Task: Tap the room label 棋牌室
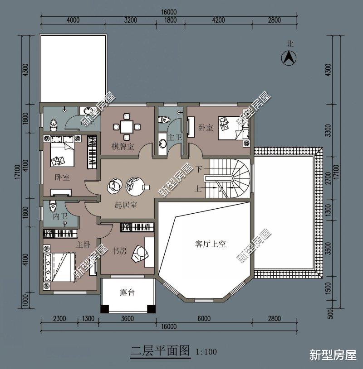tap(123, 146)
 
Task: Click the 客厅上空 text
tap(211, 244)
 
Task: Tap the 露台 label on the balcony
tap(127, 292)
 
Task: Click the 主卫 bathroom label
tap(174, 137)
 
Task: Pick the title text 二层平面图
tap(160, 350)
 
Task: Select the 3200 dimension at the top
tap(130, 20)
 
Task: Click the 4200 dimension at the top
tap(218, 20)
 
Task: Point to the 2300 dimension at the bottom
tap(59, 318)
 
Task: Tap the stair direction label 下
tap(199, 169)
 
